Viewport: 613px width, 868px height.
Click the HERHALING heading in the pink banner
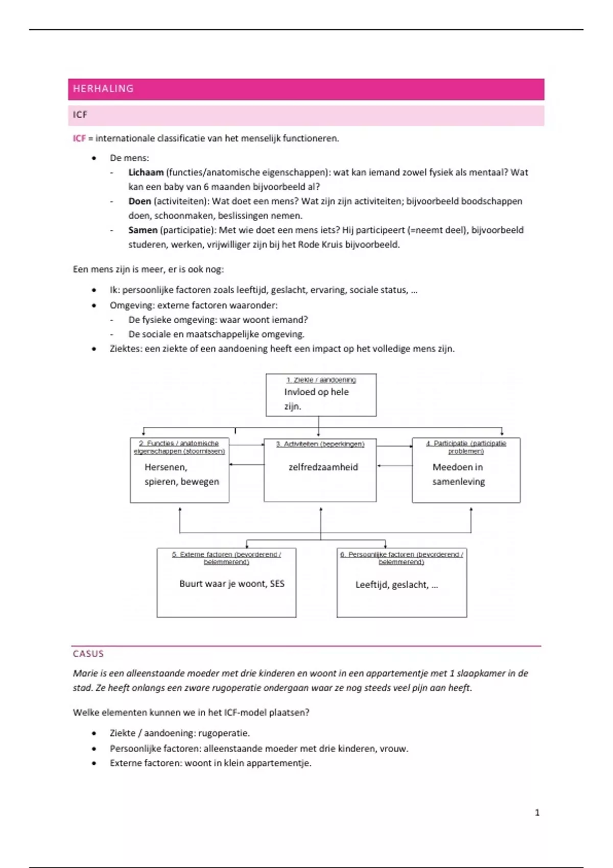click(x=103, y=89)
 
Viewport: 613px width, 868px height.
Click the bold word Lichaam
click(x=146, y=173)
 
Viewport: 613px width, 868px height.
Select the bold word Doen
click(x=139, y=201)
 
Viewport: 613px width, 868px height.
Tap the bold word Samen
click(x=143, y=230)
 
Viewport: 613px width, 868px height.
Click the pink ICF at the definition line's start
click(x=79, y=138)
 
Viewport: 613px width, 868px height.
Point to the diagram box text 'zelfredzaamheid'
click(x=323, y=467)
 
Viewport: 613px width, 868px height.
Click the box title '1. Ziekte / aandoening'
click(x=321, y=380)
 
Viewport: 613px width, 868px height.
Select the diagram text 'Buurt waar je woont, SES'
click(x=231, y=584)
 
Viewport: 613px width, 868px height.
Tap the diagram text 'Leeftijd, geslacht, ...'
click(x=396, y=585)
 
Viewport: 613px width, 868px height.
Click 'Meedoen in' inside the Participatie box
click(x=457, y=467)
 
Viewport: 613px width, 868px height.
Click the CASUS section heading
click(x=88, y=654)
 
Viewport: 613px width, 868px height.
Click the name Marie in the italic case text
click(x=84, y=673)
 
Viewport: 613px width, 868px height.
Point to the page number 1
click(x=537, y=812)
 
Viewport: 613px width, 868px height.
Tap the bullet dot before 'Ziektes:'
click(x=94, y=349)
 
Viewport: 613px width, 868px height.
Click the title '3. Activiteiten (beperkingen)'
click(x=320, y=444)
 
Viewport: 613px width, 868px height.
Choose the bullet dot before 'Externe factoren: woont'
click(x=94, y=763)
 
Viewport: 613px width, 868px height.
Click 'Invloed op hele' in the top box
click(x=316, y=392)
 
